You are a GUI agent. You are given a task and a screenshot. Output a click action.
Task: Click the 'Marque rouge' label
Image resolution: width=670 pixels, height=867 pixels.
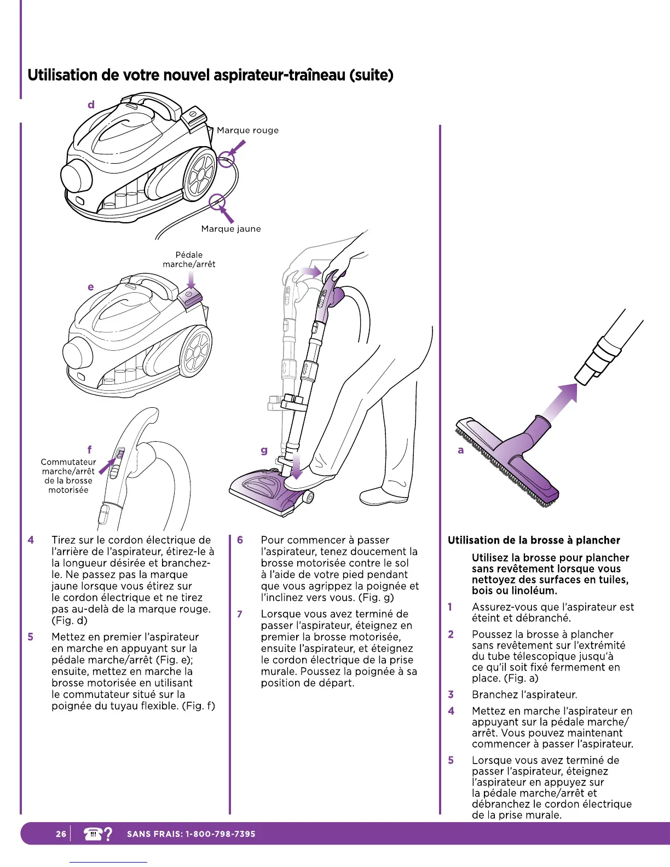pyautogui.click(x=247, y=130)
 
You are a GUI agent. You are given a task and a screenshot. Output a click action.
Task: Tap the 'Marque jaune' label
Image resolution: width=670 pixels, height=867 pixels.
pyautogui.click(x=231, y=229)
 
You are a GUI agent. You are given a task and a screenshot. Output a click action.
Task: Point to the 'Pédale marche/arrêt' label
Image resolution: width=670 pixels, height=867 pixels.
pyautogui.click(x=189, y=259)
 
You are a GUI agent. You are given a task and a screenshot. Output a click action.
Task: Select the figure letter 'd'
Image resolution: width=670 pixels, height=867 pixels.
pyautogui.click(x=91, y=105)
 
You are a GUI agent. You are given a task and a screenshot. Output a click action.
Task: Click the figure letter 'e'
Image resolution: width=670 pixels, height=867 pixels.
pyautogui.click(x=91, y=287)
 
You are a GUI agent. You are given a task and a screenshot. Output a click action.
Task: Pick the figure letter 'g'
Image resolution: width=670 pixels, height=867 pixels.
pyautogui.click(x=264, y=450)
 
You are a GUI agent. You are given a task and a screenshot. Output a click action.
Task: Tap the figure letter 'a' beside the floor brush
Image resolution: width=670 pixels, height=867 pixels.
pyautogui.click(x=461, y=450)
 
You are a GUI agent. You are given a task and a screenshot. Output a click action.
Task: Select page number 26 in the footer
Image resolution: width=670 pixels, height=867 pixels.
pyautogui.click(x=61, y=834)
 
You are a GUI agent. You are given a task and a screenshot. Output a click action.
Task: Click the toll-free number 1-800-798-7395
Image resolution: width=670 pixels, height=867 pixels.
pyautogui.click(x=220, y=834)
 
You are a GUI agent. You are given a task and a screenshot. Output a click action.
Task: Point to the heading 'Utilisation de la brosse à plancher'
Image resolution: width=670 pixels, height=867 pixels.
pyautogui.click(x=534, y=540)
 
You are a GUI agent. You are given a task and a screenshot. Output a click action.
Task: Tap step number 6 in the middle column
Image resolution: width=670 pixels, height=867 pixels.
pyautogui.click(x=240, y=540)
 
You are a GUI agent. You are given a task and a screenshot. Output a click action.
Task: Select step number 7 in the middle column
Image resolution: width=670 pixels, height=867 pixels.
pyautogui.click(x=240, y=614)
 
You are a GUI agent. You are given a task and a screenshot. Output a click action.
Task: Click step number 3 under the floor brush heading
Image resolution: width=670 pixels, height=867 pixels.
pyautogui.click(x=450, y=695)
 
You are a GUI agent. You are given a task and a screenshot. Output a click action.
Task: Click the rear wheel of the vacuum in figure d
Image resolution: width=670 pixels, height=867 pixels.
pyautogui.click(x=200, y=175)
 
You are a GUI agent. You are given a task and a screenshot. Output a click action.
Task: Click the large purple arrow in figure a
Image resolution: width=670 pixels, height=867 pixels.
pyautogui.click(x=557, y=403)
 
